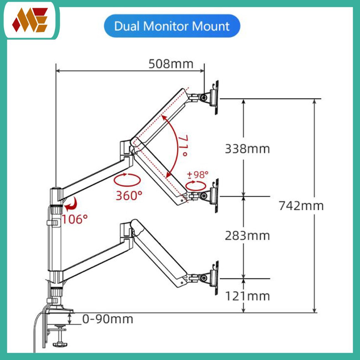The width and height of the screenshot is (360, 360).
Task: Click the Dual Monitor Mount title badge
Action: pyautogui.click(x=172, y=26)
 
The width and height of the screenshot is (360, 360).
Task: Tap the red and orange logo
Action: pyautogui.click(x=30, y=20)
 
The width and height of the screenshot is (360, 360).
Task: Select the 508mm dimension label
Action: pyautogui.click(x=171, y=64)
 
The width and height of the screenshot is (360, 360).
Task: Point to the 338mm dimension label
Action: pyautogui.click(x=247, y=149)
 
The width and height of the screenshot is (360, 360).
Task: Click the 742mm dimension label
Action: pyautogui.click(x=301, y=206)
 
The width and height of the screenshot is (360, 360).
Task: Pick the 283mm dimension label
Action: pyautogui.click(x=247, y=236)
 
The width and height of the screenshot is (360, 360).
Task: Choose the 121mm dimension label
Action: pyautogui.click(x=247, y=296)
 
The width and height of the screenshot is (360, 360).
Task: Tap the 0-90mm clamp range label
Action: pyautogui.click(x=108, y=319)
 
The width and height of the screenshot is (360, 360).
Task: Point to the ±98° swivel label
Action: pyautogui.click(x=198, y=175)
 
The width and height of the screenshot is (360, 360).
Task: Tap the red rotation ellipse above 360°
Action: pyautogui.click(x=127, y=180)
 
